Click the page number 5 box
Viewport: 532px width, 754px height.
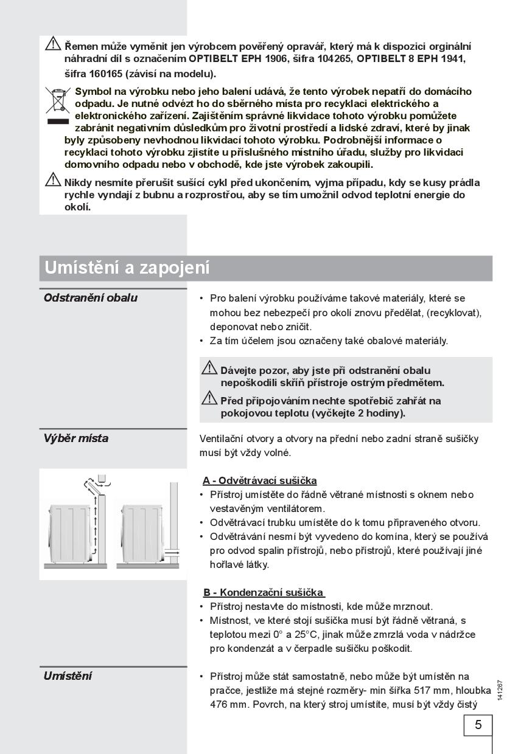pyautogui.click(x=478, y=725)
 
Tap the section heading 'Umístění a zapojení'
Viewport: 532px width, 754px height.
pyautogui.click(x=127, y=268)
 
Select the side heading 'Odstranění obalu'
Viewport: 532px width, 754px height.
pyautogui.click(x=91, y=298)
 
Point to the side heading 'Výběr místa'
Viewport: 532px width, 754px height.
pyautogui.click(x=76, y=438)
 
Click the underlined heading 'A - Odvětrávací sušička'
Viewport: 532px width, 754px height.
pyautogui.click(x=260, y=480)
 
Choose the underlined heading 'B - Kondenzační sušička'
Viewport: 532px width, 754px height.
pyautogui.click(x=264, y=592)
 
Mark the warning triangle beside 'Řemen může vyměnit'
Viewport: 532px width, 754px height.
pyautogui.click(x=53, y=44)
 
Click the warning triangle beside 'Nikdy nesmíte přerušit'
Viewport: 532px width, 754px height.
pyautogui.click(x=53, y=180)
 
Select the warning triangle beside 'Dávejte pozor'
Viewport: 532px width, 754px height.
pyautogui.click(x=209, y=368)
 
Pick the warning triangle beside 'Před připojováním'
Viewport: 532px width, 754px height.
pyautogui.click(x=209, y=398)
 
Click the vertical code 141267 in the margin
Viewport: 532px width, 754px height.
pyautogui.click(x=500, y=690)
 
